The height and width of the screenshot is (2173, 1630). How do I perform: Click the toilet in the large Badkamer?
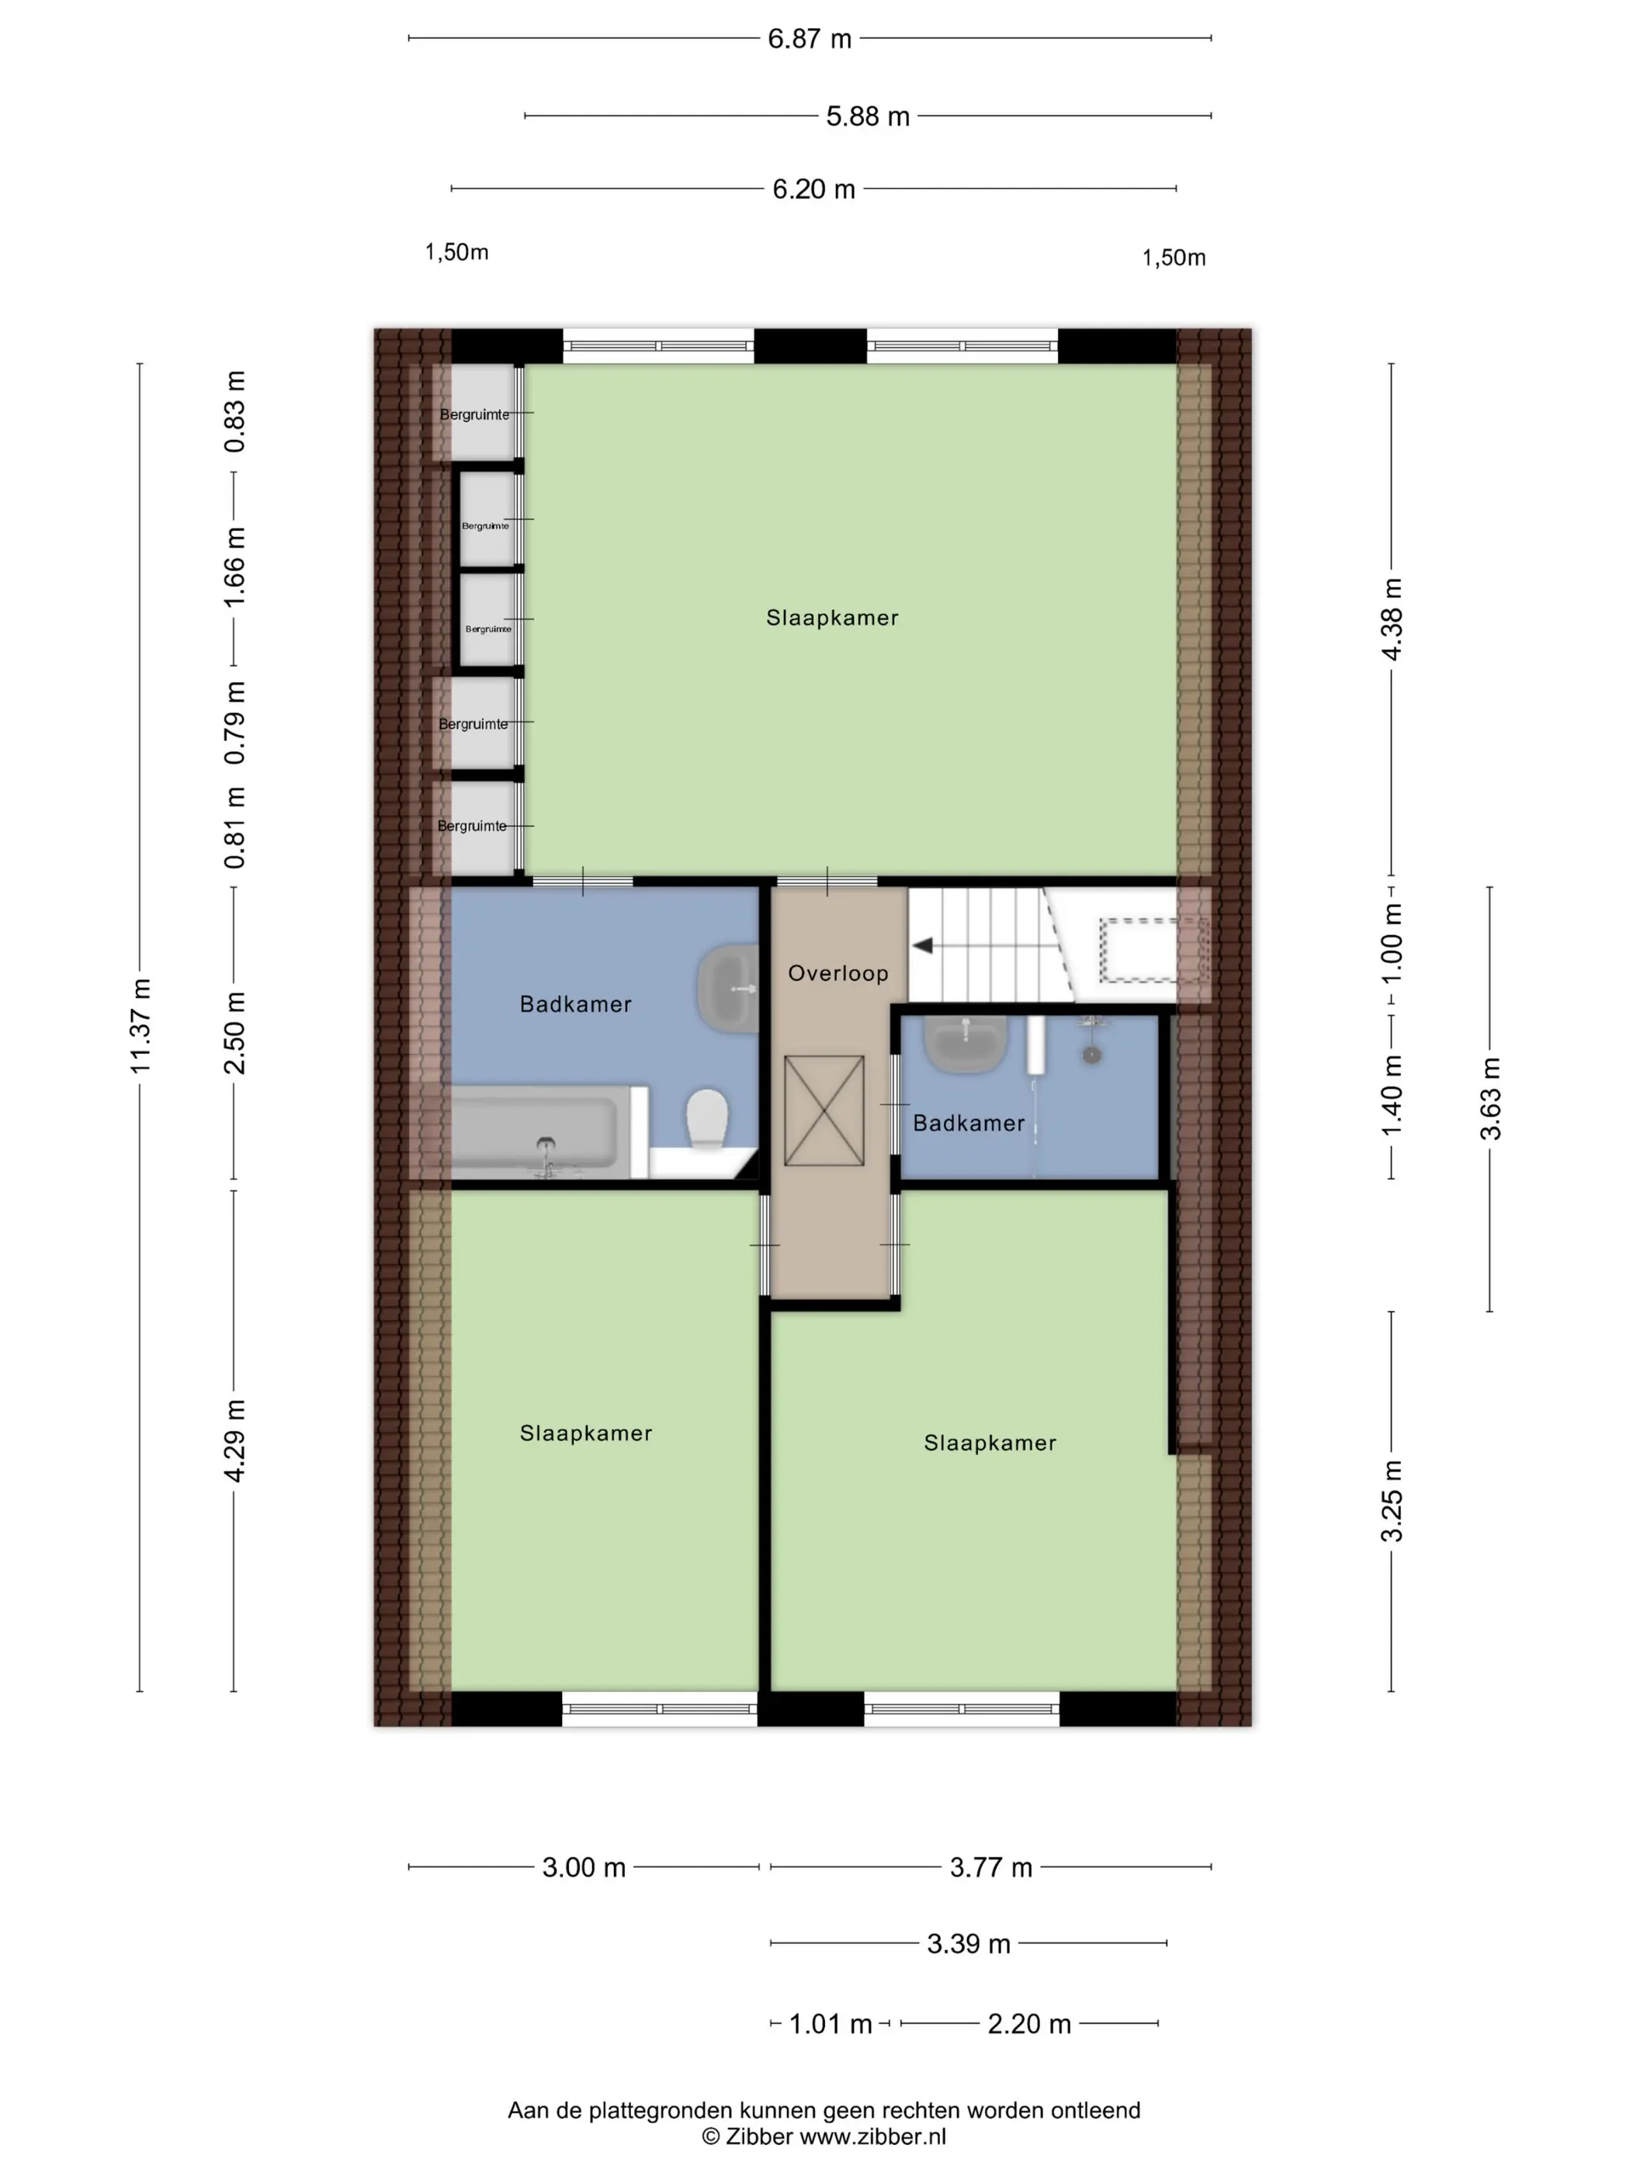707,1118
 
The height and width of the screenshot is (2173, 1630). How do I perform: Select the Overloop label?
838,973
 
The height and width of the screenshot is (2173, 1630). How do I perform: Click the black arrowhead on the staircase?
923,946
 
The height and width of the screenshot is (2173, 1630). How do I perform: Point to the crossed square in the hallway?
824,1111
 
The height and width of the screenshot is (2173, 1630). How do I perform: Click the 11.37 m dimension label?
140,1026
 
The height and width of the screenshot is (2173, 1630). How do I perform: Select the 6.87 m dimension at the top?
810,40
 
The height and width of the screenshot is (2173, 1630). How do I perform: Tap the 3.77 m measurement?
990,1867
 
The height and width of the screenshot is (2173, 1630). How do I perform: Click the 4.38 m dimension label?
1392,619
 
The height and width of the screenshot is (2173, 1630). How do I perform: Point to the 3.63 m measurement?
1490,1098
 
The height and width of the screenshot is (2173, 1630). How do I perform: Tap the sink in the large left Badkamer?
729,988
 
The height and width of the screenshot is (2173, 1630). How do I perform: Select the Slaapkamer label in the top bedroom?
832,618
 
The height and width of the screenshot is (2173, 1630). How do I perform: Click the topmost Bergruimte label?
474,414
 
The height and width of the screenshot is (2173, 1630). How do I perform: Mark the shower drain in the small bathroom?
1090,1054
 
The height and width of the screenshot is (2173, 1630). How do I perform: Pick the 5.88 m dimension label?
868,117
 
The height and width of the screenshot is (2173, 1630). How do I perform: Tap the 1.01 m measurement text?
831,2025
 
